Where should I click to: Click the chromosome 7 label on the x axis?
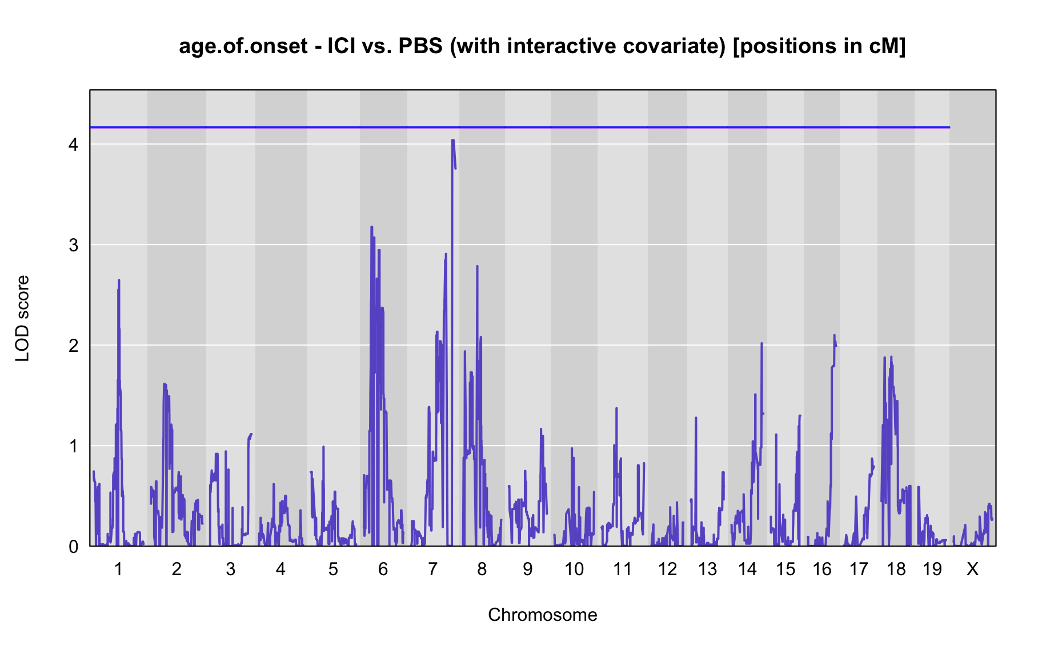[x=432, y=569]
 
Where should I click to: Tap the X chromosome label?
[x=972, y=569]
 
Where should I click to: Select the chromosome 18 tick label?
[x=896, y=569]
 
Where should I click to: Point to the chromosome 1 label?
[x=118, y=569]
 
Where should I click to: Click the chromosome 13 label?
[x=707, y=569]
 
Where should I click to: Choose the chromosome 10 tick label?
[x=574, y=569]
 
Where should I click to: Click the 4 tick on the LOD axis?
[x=73, y=145]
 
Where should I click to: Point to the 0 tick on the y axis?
[x=73, y=547]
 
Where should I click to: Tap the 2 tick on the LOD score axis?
[x=73, y=346]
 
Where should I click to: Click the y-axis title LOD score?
[x=22, y=318]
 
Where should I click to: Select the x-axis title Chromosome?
[x=543, y=615]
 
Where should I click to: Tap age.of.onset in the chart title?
[x=244, y=46]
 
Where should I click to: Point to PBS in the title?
[x=420, y=46]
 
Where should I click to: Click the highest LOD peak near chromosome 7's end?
[x=452, y=140]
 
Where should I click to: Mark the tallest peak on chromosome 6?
[x=371, y=227]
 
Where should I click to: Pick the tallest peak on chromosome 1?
[x=119, y=280]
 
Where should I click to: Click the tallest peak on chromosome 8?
[x=477, y=266]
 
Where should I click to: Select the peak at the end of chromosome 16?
[x=834, y=335]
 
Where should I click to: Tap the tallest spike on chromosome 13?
[x=696, y=418]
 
